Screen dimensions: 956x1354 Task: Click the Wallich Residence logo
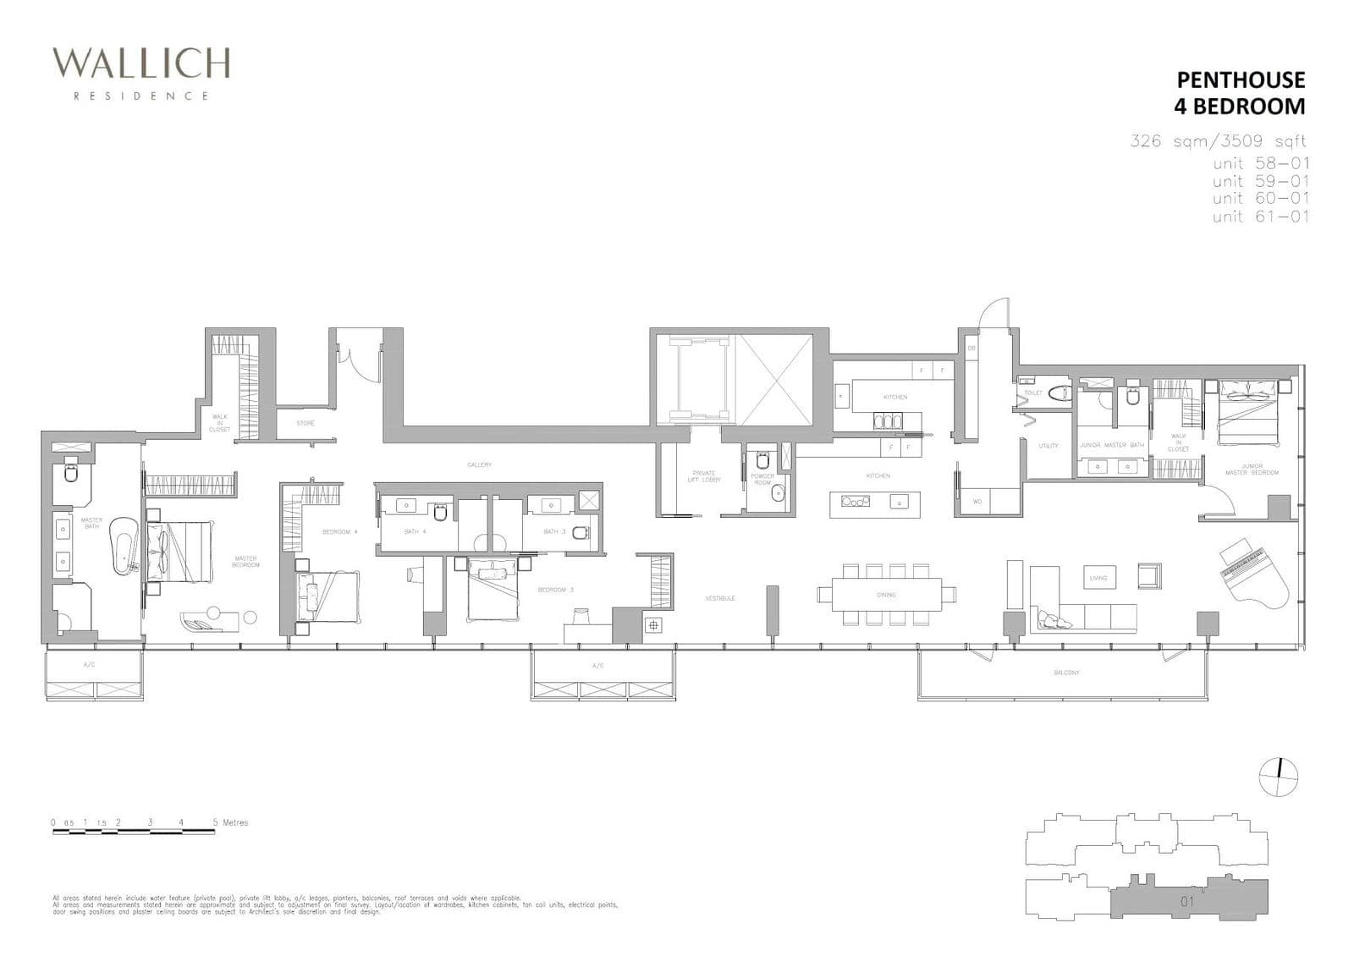pos(140,73)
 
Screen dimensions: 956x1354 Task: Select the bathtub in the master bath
pos(124,546)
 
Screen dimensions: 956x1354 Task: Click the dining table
pos(886,594)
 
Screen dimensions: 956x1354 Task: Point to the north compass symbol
pos(1278,777)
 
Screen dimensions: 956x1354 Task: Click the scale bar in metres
pos(134,832)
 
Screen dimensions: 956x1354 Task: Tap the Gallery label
pos(479,464)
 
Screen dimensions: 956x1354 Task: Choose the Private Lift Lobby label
pos(703,477)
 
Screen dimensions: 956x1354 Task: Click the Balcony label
pos(1066,673)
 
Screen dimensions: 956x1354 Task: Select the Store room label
pos(305,423)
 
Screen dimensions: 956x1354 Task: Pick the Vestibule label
pos(720,598)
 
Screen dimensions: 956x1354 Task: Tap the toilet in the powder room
pos(762,461)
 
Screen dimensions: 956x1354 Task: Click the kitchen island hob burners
pos(855,501)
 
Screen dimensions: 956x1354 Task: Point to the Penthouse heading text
pos(1241,80)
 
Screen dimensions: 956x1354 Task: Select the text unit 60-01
pos(1260,198)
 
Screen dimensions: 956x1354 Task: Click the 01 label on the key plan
pos(1186,901)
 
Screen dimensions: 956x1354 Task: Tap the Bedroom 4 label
pos(340,532)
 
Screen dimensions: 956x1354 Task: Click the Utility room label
pos(1048,446)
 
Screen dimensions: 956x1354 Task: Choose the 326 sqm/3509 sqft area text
pos(1218,141)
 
